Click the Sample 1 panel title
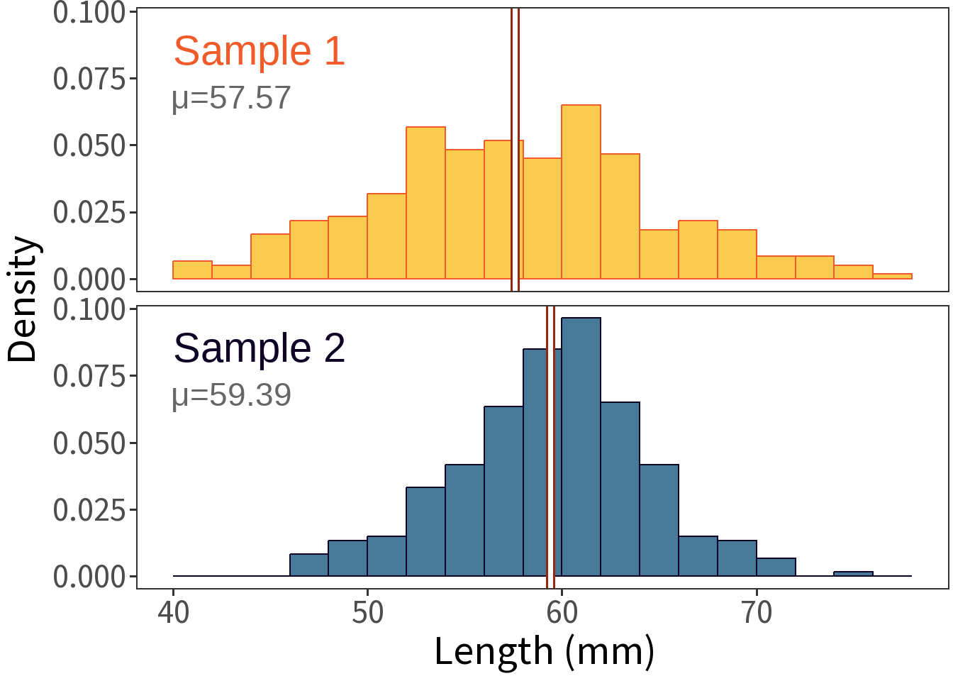[259, 51]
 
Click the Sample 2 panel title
[259, 348]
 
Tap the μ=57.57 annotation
[231, 98]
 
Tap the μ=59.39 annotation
[231, 395]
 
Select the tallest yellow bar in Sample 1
[581, 192]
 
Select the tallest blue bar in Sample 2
[581, 447]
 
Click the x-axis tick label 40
[174, 612]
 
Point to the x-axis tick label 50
[367, 612]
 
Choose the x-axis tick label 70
[757, 612]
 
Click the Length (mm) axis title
[544, 651]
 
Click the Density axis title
[23, 299]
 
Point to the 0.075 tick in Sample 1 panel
[89, 79]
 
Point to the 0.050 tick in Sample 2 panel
[89, 443]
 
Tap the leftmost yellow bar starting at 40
[192, 270]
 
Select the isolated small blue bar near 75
[853, 574]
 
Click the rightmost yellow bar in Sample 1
[892, 276]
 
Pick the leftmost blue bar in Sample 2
[309, 565]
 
